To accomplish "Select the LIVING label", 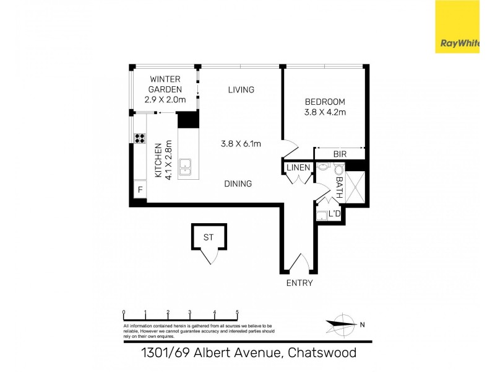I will coord(241,90).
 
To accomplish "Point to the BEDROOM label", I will coord(325,102).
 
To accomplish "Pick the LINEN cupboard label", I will coord(298,167).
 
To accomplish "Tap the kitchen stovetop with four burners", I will coord(140,139).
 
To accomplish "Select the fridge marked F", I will coord(140,189).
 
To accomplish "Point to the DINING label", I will coord(238,184).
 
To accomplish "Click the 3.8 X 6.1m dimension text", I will coord(241,144).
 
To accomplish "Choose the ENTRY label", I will coord(299,283).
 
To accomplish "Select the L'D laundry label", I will coord(334,214).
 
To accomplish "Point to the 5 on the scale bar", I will coord(238,312).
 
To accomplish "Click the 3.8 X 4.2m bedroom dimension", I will coord(325,112).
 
